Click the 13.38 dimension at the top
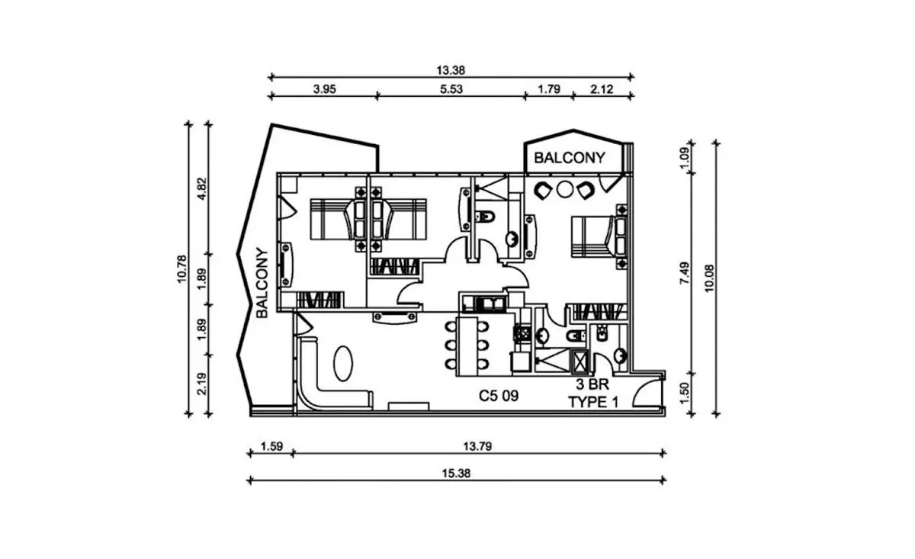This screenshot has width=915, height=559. pos(451,70)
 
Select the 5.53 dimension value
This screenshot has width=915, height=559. pos(451,89)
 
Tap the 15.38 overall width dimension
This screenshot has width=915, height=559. pos(456,473)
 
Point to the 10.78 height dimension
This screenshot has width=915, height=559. pos(181,268)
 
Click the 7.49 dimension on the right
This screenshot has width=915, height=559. pos(684,273)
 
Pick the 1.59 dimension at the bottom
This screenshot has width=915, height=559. pos(271,446)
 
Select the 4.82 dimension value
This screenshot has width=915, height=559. pos(202,189)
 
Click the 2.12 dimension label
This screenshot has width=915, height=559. pos(602,89)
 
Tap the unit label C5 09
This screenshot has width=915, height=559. pos(499,396)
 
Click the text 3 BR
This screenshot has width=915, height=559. pos(592,384)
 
